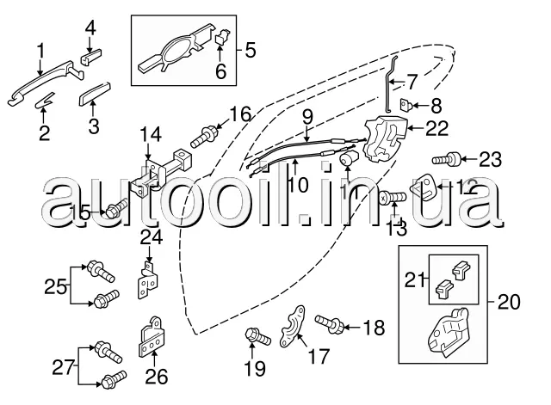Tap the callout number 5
251,51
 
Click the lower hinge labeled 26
153,341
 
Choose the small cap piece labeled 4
90,58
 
